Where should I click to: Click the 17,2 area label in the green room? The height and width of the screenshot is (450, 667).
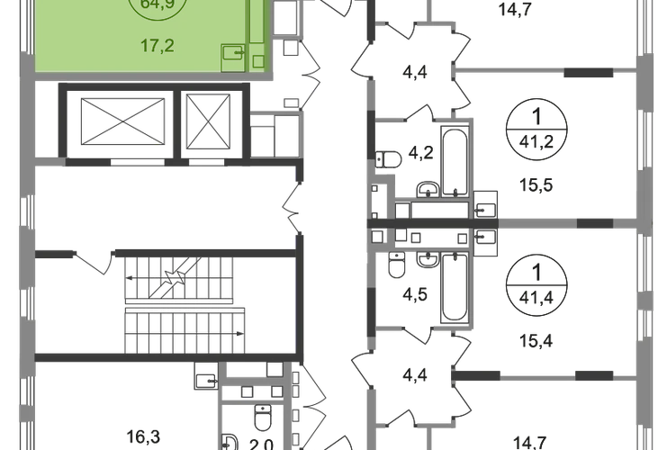150,41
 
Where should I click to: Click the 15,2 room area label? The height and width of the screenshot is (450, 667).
530,185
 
